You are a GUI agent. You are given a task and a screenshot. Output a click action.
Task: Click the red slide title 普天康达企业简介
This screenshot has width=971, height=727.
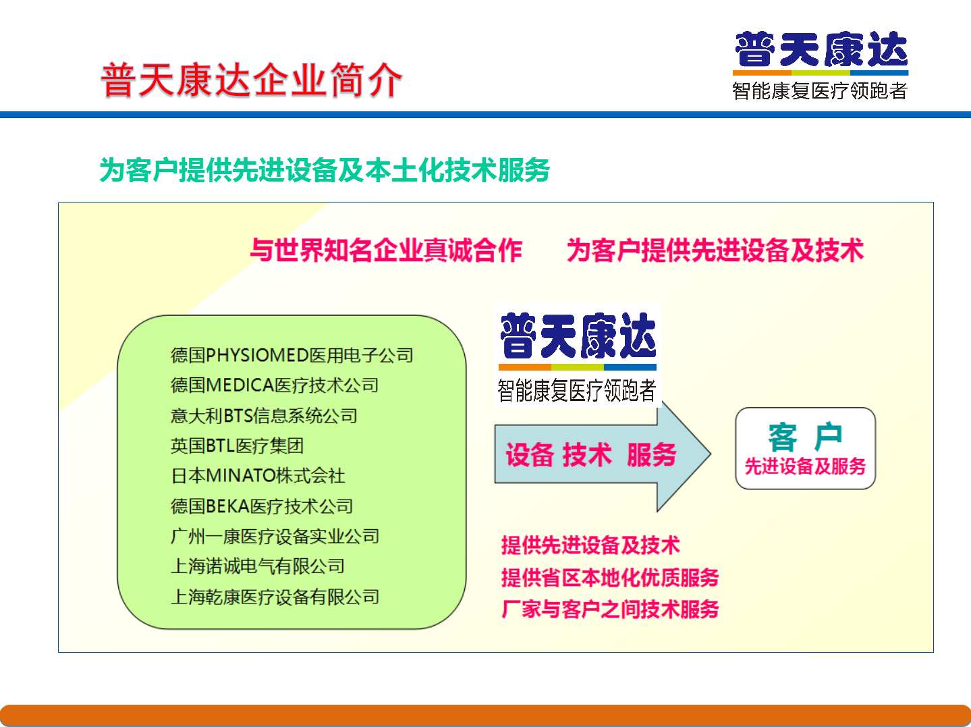pos(251,80)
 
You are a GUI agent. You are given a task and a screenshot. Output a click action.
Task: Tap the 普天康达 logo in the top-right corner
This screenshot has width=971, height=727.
pos(821,65)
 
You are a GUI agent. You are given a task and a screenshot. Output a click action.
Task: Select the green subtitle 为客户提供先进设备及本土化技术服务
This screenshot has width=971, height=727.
pos(325,170)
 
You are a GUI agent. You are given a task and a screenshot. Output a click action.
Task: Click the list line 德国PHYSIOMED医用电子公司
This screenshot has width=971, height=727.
pos(292,355)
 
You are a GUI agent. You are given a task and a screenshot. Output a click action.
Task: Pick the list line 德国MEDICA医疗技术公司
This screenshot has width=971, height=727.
pos(275,385)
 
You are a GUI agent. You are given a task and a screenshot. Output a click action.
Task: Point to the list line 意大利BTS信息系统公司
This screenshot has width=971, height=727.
pos(264,416)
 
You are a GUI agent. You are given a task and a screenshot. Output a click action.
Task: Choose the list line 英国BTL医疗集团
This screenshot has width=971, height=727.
pos(237,446)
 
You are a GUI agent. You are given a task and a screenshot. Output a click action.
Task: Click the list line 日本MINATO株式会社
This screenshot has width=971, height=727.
pos(258,476)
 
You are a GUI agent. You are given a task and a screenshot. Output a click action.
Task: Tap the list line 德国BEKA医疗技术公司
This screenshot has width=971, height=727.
pos(262,506)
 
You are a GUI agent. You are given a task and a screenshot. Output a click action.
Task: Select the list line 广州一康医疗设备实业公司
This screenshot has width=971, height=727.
pos(275,536)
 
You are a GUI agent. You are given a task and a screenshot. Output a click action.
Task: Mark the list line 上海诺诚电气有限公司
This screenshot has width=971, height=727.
pos(258,566)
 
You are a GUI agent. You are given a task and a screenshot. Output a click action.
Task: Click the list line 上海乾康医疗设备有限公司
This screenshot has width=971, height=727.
pos(275,597)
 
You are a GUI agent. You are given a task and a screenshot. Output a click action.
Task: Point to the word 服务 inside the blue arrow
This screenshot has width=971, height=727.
pos(652,454)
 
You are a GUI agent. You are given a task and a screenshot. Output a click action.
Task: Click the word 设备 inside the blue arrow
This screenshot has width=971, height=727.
pos(530,454)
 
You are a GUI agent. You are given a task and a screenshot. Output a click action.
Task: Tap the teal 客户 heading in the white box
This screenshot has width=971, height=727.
pos(805,437)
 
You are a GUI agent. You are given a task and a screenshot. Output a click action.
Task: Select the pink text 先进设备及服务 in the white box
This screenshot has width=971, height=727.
pos(805,466)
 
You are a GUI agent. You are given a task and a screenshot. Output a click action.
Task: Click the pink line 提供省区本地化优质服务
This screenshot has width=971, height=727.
pos(610,577)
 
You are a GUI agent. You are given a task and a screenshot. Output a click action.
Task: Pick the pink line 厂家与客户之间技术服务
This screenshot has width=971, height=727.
pos(610,610)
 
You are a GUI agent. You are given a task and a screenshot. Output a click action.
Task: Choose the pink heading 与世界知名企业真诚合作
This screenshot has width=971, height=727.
pos(386,250)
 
